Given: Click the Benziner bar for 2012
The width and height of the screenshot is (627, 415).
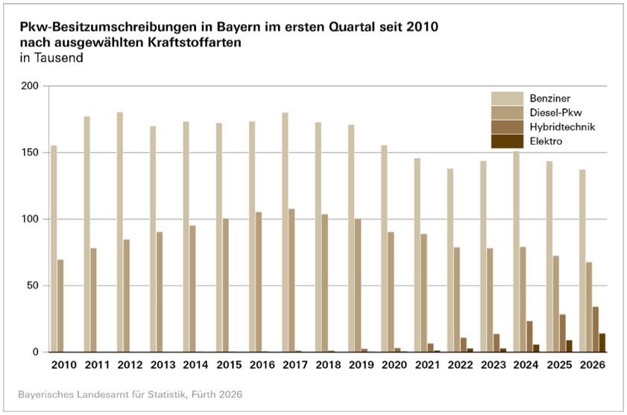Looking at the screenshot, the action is [120, 232].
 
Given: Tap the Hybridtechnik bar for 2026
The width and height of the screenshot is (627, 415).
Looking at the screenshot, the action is [596, 329].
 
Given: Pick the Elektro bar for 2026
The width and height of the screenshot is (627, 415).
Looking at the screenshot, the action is [602, 343].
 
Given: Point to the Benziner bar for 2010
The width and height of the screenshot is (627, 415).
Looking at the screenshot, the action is [54, 249].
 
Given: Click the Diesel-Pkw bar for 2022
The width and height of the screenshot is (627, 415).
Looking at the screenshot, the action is [457, 300].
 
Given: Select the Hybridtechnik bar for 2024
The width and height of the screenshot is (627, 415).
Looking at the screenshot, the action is [529, 337].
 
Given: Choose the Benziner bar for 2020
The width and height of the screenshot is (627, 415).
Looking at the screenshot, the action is [384, 249].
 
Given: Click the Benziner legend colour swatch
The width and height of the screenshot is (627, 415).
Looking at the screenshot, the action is [507, 99].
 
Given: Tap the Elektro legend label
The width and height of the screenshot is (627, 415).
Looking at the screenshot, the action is [546, 141].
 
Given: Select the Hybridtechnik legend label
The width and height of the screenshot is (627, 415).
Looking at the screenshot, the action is [562, 127].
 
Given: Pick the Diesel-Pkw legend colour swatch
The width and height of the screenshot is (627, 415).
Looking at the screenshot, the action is [507, 113].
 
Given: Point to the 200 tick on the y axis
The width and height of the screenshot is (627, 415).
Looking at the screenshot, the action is [30, 86].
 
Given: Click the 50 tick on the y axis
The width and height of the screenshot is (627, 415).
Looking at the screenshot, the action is [33, 286].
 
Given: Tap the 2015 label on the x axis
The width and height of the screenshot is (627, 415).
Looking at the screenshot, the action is [229, 365].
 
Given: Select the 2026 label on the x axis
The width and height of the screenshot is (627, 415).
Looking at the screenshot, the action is [592, 365].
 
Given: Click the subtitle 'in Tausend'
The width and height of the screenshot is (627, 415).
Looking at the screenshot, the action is [51, 57].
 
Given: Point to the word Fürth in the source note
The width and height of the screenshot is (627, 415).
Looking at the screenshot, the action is [204, 394].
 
